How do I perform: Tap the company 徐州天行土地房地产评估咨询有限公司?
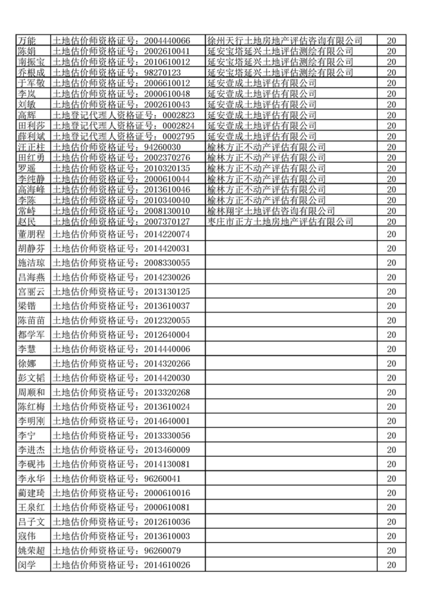284,40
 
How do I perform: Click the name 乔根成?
30,72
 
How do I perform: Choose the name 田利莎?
30,125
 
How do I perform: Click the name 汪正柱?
30,147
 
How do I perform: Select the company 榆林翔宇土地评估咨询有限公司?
270,211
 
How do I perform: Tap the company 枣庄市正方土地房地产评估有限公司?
280,221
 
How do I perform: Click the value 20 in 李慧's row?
392,349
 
